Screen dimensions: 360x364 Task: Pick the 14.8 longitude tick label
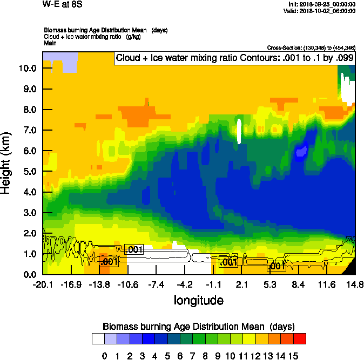pyautogui.click(x=354, y=285)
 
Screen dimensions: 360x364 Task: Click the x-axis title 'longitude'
pyautogui.click(x=198, y=300)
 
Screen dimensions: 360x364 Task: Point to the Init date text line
pyautogui.click(x=322, y=4)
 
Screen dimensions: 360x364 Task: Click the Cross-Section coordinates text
pyautogui.click(x=311, y=48)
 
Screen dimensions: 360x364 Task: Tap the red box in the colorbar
pyautogui.click(x=299, y=339)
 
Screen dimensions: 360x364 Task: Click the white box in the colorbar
pyautogui.click(x=98, y=339)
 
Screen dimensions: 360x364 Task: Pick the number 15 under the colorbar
pyautogui.click(x=293, y=356)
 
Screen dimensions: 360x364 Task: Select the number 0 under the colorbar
pyautogui.click(x=104, y=356)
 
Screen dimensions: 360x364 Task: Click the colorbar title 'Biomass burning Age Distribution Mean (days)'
pyautogui.click(x=198, y=327)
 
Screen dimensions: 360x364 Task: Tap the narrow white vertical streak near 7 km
pyautogui.click(x=239, y=131)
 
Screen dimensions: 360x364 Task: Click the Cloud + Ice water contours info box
pyautogui.click(x=233, y=58)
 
